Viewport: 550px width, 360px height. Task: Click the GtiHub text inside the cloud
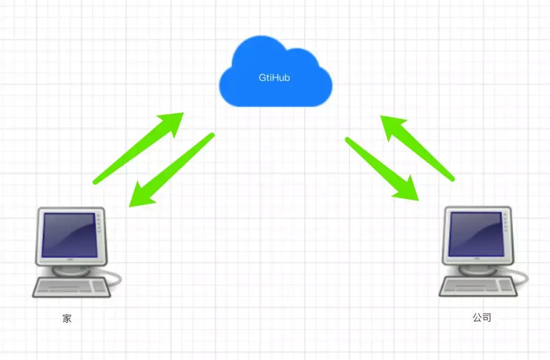(x=274, y=78)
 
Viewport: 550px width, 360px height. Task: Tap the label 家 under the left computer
(x=67, y=319)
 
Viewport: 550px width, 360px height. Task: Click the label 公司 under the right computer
(x=482, y=318)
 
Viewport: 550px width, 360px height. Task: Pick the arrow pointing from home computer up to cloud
(x=137, y=148)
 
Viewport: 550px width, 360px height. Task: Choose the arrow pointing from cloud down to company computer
(x=382, y=168)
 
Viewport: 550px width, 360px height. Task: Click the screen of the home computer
(x=70, y=234)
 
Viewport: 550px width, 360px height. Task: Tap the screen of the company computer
(x=476, y=234)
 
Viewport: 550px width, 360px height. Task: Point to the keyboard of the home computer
(x=71, y=288)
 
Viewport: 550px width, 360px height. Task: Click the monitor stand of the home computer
(x=71, y=269)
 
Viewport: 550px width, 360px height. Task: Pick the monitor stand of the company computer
(x=477, y=269)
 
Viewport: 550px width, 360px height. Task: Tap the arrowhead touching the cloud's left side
(x=173, y=122)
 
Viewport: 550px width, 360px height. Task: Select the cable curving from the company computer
(x=522, y=278)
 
